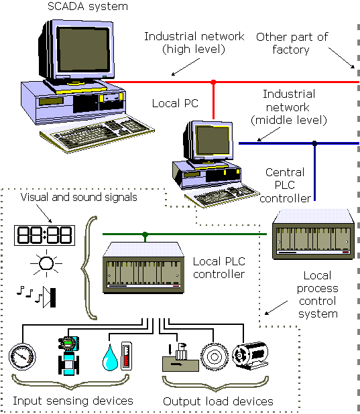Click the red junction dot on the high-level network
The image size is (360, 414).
coord(213,82)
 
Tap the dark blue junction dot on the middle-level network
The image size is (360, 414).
coord(314,143)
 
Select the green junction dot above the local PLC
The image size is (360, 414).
coord(145,234)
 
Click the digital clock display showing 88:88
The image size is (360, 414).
coord(44,235)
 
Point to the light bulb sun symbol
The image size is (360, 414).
coord(46,263)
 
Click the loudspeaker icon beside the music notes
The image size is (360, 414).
coord(50,297)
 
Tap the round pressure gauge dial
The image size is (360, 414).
coord(22,356)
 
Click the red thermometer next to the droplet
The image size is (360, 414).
coord(126,356)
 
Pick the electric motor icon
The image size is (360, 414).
coord(250,356)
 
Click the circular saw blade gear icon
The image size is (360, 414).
coord(214,357)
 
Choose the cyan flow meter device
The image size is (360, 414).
coord(68,356)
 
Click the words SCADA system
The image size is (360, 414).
coord(88,6)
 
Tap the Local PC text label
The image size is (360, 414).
coord(175,103)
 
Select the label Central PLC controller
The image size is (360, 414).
coord(285,186)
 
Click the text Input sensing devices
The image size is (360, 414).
coord(73,401)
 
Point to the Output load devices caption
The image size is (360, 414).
coord(218,401)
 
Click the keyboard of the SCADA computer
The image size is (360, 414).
coord(97,134)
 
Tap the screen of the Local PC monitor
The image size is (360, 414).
coord(213,140)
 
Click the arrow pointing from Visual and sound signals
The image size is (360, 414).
coord(44,213)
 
